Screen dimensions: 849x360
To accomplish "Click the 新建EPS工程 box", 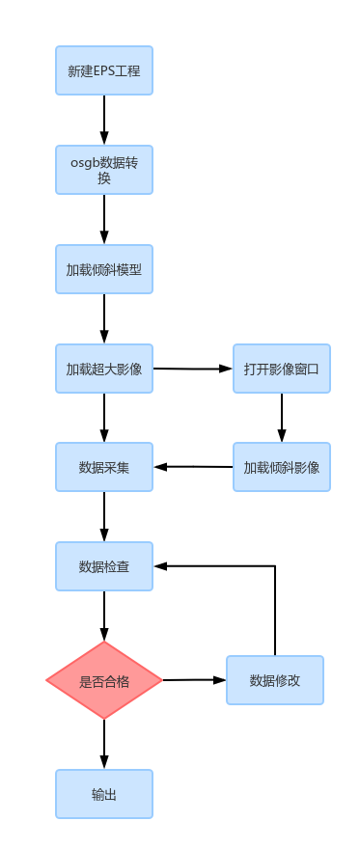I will coord(104,70).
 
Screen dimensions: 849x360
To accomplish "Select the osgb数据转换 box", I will coord(104,170).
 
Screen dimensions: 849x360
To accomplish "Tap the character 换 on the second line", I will coord(104,178).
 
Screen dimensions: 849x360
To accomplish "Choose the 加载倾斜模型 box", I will coord(104,269).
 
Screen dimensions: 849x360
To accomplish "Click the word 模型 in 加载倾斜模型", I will coord(129,270).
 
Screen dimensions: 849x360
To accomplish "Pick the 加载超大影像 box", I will coord(104,369).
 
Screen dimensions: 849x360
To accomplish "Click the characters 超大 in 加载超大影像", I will coord(104,369).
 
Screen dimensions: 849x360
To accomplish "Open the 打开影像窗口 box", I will coord(282,369).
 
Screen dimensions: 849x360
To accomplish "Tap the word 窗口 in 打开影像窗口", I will coord(307,369).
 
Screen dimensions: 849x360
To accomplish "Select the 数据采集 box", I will coord(104,467).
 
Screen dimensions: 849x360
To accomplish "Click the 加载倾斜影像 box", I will coord(282,467).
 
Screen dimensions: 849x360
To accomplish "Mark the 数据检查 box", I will coord(104,566).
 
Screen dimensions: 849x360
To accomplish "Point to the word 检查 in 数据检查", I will coord(117,566).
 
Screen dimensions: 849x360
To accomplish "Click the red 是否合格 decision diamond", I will coord(104,680).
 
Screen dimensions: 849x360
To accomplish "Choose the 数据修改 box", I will coord(275,680).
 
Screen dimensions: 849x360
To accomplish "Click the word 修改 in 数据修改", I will coord(288,680).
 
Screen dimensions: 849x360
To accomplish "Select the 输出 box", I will coord(104,794).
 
